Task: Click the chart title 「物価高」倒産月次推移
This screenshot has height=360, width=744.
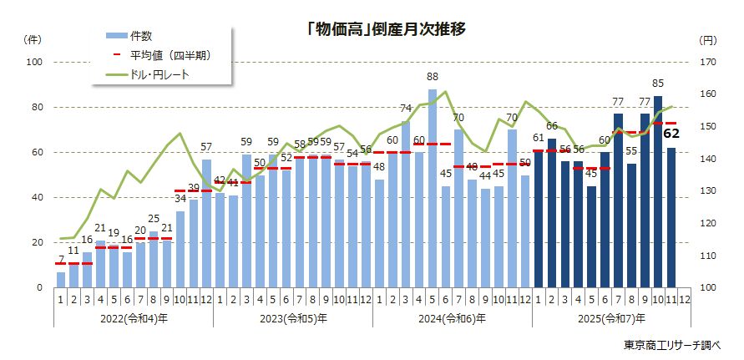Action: (386, 28)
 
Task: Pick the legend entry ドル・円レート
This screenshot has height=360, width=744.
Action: (159, 75)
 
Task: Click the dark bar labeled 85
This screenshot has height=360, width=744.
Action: (658, 191)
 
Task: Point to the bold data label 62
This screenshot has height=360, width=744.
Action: (671, 132)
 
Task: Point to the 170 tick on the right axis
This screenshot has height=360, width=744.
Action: (707, 63)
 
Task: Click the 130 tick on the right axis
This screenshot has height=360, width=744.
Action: (707, 191)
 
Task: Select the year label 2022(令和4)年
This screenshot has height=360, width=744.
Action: (134, 318)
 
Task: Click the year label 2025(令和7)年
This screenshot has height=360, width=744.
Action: (611, 318)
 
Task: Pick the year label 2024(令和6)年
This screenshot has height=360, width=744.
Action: (453, 318)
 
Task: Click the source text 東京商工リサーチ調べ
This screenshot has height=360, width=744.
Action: (677, 345)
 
